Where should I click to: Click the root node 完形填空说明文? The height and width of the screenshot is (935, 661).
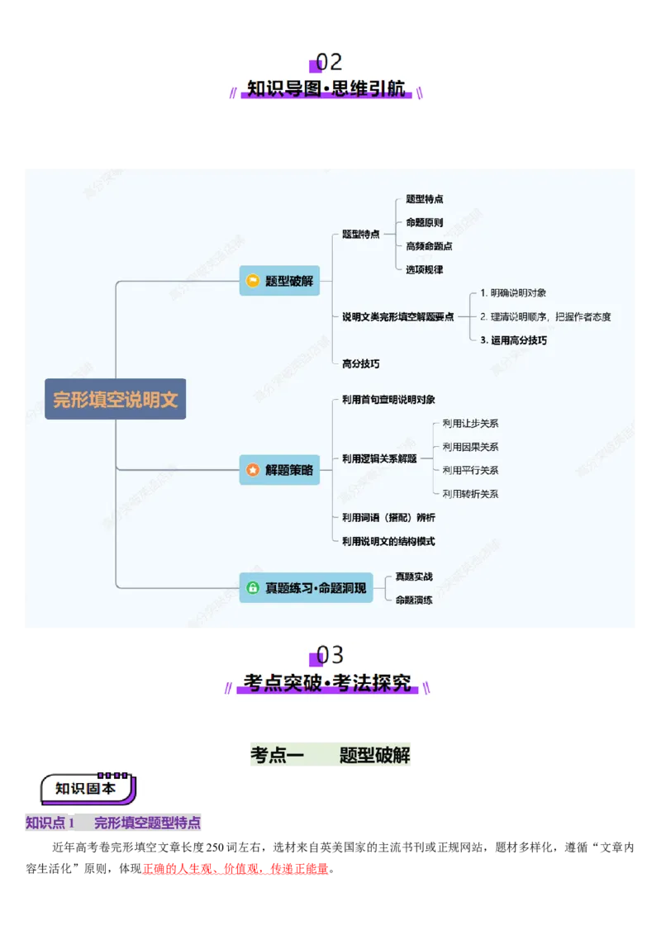pos(116,400)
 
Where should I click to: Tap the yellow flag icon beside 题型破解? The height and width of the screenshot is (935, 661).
pos(253,281)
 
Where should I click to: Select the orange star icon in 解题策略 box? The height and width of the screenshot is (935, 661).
pos(253,469)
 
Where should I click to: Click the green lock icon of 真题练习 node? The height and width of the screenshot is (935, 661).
pos(253,588)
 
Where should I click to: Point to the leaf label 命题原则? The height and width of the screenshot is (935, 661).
pos(424,223)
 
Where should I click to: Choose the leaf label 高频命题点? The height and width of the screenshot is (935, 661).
pos(429,246)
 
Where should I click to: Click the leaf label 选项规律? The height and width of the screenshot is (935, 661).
pos(424,269)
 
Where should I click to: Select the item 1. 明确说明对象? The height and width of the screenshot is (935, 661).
pos(513,293)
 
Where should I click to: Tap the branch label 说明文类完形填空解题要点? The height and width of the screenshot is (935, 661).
pos(397,316)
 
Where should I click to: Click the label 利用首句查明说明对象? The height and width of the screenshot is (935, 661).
pos(388,400)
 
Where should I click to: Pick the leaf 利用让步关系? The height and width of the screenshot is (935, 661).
pos(470,424)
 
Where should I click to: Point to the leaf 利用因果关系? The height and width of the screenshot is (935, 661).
pos(470,447)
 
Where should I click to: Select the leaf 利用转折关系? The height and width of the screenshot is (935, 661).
pos(470,494)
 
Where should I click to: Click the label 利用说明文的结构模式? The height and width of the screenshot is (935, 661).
pos(388,541)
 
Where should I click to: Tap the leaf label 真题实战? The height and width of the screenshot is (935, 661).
pos(414,577)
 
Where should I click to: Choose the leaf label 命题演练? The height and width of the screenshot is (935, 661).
pos(414,600)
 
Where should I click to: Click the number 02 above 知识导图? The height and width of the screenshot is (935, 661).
pos(329,63)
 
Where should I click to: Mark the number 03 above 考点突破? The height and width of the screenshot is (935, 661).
pos(330,656)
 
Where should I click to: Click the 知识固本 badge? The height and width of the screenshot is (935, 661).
pos(86,788)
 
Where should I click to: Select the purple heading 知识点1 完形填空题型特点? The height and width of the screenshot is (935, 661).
pos(112,823)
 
